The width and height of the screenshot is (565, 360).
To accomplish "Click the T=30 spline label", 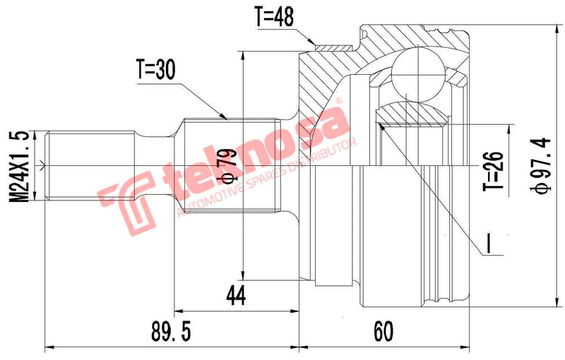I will [155, 68].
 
